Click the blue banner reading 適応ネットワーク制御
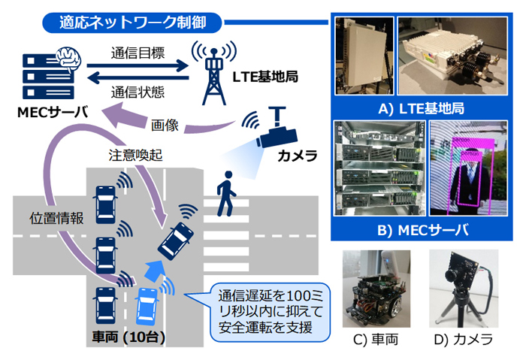[131, 23]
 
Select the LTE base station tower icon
[214, 74]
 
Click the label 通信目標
[138, 53]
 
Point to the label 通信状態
[138, 92]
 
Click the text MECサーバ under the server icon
[53, 112]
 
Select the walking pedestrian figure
[227, 194]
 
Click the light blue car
[147, 306]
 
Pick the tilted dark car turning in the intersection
[176, 241]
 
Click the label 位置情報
[56, 218]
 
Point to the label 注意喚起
[135, 155]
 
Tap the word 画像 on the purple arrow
[165, 126]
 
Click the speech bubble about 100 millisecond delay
[270, 312]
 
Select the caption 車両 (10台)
[128, 337]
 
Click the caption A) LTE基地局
[421, 108]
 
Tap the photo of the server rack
[380, 168]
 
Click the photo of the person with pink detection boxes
[469, 168]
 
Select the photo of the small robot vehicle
[376, 289]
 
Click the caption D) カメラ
[464, 340]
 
